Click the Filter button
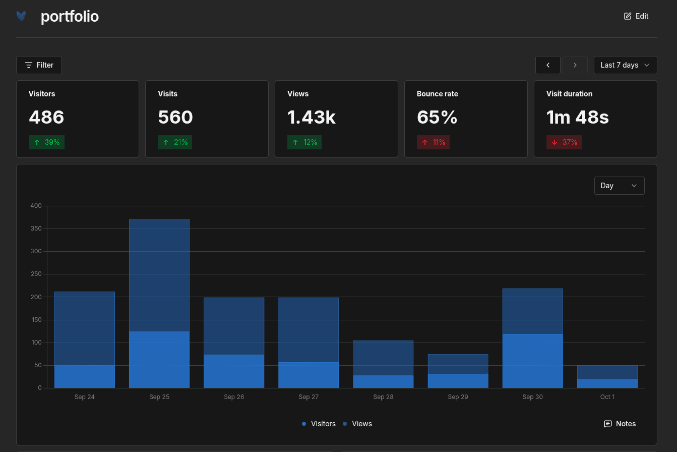tap(39, 65)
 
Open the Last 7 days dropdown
tap(625, 65)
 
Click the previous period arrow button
tap(547, 65)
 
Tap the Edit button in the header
tap(636, 16)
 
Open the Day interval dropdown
tap(619, 186)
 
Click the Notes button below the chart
tap(620, 424)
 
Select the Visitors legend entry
tap(319, 424)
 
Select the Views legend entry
tap(357, 424)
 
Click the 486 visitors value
tap(46, 117)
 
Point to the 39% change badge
tap(46, 142)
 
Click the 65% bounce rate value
tap(437, 117)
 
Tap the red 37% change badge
tap(564, 142)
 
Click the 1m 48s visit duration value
tap(577, 117)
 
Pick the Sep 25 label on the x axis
tap(159, 397)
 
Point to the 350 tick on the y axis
tap(36, 229)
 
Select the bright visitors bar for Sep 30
tap(532, 361)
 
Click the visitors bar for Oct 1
tap(607, 383)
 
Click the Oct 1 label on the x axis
tap(607, 397)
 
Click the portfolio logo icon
tap(21, 16)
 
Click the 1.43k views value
tap(312, 117)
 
